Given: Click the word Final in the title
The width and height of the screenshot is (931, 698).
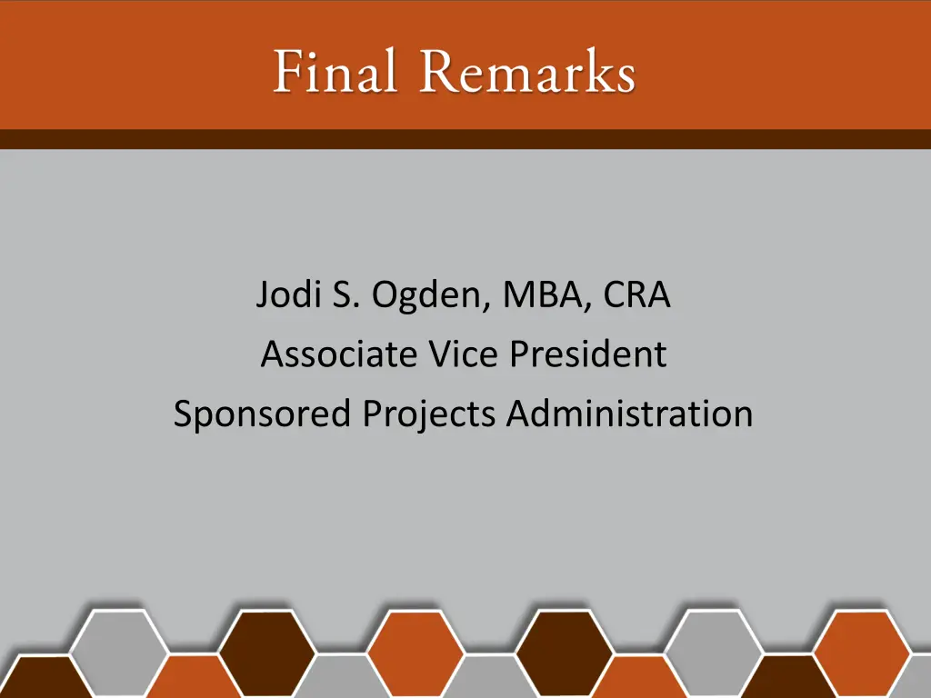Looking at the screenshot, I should [x=335, y=73].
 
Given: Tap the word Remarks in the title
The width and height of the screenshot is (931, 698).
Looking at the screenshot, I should [x=527, y=73].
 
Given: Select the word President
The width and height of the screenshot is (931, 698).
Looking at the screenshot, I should [x=587, y=354].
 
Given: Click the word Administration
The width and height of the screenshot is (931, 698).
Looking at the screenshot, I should [x=629, y=414].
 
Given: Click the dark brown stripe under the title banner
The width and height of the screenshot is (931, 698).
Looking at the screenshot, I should [x=465, y=139].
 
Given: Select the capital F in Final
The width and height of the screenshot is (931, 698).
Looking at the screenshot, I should [x=287, y=73].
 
